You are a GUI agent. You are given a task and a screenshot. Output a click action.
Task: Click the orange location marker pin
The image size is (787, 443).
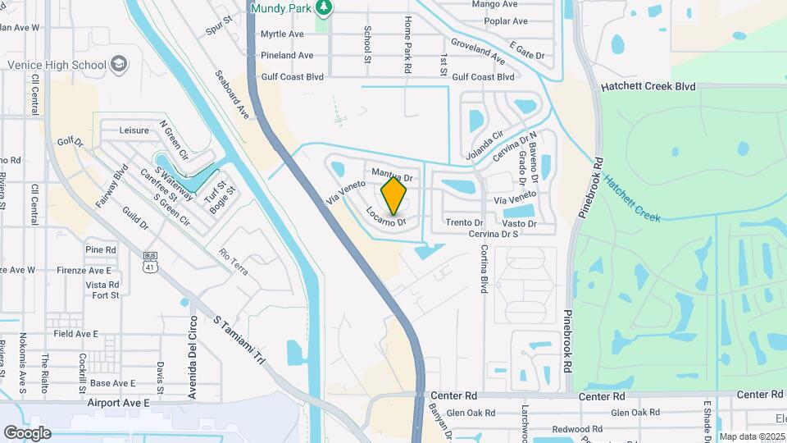(394, 195)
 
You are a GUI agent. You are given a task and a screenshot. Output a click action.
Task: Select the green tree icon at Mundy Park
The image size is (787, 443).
(325, 7)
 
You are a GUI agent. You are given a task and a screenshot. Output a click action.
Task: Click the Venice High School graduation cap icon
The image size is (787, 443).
(120, 64)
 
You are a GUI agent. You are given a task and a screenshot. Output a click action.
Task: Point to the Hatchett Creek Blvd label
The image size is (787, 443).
(648, 86)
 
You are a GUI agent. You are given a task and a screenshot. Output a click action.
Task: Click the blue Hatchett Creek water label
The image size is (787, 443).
(632, 198)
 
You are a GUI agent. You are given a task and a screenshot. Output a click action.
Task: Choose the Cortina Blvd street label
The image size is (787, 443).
(484, 268)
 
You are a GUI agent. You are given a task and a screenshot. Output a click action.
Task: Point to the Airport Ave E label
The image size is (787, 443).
(119, 403)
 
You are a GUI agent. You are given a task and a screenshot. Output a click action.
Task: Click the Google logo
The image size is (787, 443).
(27, 432)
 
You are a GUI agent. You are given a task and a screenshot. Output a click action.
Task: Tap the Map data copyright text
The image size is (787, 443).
(752, 436)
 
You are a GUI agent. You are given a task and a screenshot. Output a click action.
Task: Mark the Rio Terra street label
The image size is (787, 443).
(234, 263)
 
